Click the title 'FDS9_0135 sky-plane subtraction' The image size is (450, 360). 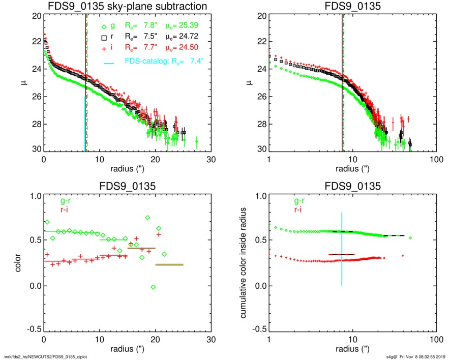pyautogui.click(x=127, y=7)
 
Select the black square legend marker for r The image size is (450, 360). pyautogui.click(x=104, y=37)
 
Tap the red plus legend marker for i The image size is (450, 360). pyautogui.click(x=104, y=48)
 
